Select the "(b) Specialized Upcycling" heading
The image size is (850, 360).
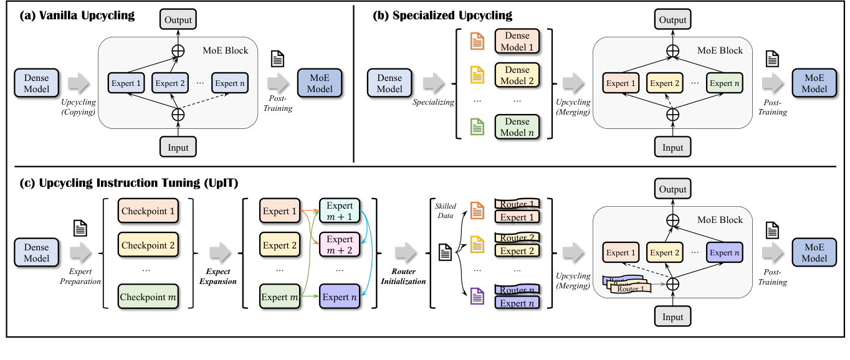pos(442,16)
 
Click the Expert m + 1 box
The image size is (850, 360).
pos(340,211)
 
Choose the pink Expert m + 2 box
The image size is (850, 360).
pos(340,245)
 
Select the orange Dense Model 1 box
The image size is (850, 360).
pos(517,42)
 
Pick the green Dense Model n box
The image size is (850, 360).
pos(517,126)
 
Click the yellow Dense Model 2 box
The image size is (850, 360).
pos(517,75)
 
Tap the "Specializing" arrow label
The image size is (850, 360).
pos(432,101)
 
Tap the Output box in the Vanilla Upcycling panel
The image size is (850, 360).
pos(178,19)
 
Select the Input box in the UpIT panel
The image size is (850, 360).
pos(672,317)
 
